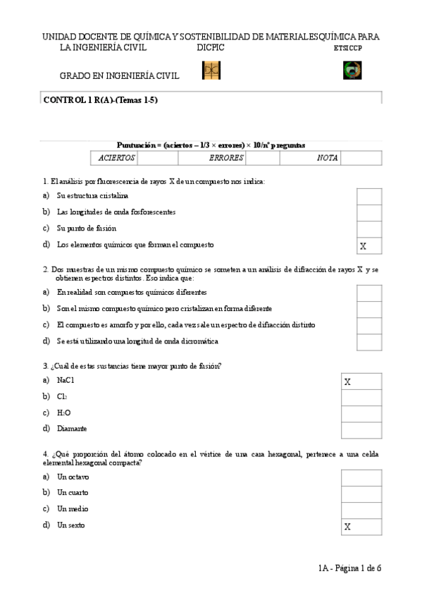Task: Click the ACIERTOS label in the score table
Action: (116, 159)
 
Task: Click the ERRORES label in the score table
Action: (226, 159)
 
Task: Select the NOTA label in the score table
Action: (327, 159)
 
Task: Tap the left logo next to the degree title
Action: (211, 71)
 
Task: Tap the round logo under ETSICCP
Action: (352, 71)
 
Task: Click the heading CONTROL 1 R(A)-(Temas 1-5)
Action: (101, 100)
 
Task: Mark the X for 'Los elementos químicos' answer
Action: (369, 245)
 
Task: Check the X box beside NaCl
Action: (361, 382)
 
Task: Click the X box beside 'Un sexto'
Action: (361, 527)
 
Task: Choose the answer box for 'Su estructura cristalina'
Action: (369, 196)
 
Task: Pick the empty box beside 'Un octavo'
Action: (361, 478)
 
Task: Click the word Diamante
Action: (72, 429)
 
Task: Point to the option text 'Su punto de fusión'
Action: (87, 228)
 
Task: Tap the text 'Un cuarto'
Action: (73, 492)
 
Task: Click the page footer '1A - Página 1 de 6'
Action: (349, 568)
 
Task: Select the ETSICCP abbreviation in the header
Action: (348, 48)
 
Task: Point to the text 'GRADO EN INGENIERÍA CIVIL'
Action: (119, 76)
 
